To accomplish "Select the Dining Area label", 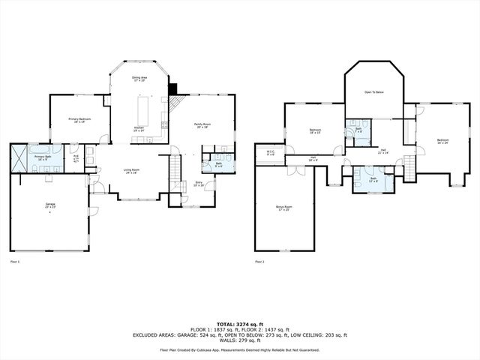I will [x=139, y=77].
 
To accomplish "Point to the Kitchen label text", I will [x=139, y=129].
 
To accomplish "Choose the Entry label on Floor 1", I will [x=199, y=182].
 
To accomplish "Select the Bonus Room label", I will [x=284, y=207].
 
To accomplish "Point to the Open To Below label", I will [x=374, y=92].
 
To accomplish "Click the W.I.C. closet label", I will [x=271, y=153].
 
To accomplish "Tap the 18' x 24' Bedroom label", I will [x=443, y=140].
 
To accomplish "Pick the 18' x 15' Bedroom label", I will [x=315, y=131].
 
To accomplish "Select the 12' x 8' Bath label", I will [x=373, y=179].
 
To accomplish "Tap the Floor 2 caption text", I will [x=259, y=262].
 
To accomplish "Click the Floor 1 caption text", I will [x=14, y=262].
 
